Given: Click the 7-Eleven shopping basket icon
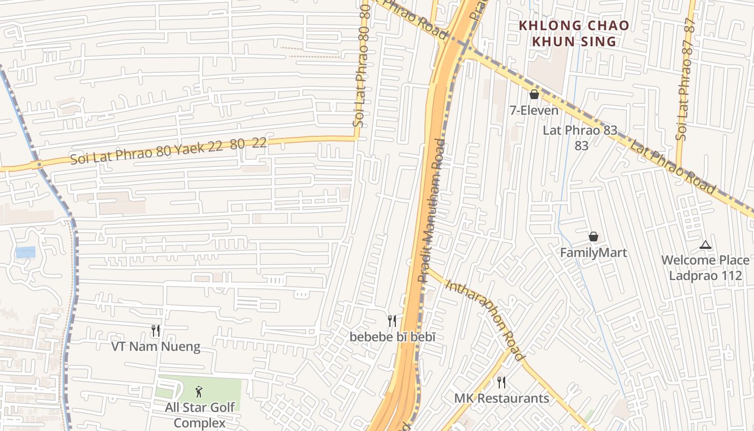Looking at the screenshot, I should [x=534, y=95].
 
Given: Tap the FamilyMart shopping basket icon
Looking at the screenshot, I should [x=593, y=237].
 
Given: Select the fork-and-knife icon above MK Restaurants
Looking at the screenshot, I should [x=501, y=383].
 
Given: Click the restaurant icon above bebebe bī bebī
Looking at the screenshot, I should [x=392, y=321].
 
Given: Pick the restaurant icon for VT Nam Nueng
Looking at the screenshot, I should [x=156, y=330].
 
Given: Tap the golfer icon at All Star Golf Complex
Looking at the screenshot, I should [x=199, y=392].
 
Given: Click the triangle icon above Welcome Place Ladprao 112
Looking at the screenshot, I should [x=705, y=245].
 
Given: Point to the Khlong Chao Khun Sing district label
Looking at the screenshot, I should [x=574, y=33].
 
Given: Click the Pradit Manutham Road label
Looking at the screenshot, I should [x=432, y=210].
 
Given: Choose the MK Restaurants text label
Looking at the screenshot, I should [x=501, y=399].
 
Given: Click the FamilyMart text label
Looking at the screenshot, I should [x=594, y=253].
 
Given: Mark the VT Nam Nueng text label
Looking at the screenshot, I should [x=156, y=346].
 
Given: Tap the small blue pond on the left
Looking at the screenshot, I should [x=25, y=252].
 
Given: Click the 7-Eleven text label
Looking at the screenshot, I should [x=534, y=110].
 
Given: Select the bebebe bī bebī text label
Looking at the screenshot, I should [x=392, y=337].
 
